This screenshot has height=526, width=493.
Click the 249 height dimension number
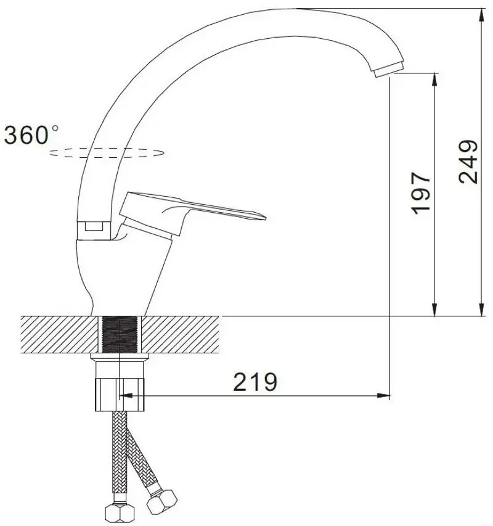tap(468, 162)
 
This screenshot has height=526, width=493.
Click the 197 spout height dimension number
tap(422, 192)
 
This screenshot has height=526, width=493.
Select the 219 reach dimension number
tap(255, 382)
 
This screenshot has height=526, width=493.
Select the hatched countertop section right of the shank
tap(182, 334)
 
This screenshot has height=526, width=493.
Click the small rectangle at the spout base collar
tap(94, 226)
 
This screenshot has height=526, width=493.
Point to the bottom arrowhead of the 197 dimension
tap(435, 311)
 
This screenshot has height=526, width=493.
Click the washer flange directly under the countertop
tap(120, 357)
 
